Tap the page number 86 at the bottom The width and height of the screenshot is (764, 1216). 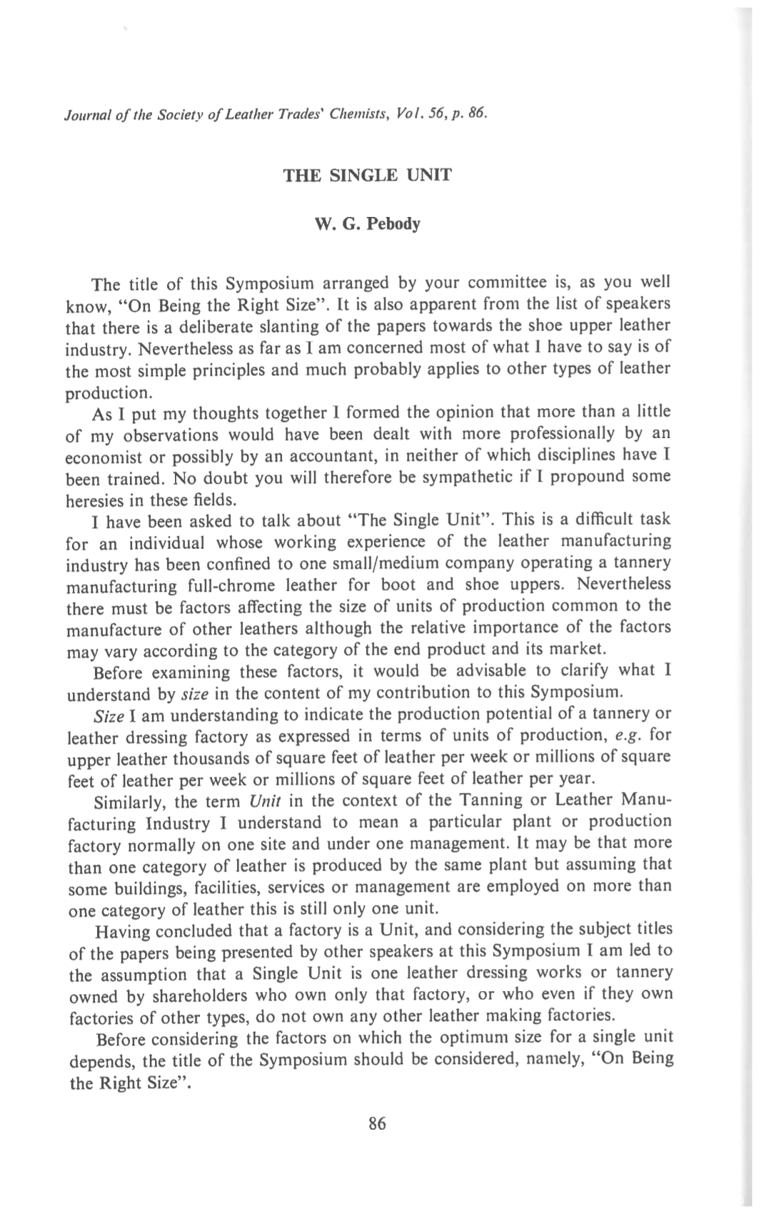pyautogui.click(x=377, y=1124)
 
